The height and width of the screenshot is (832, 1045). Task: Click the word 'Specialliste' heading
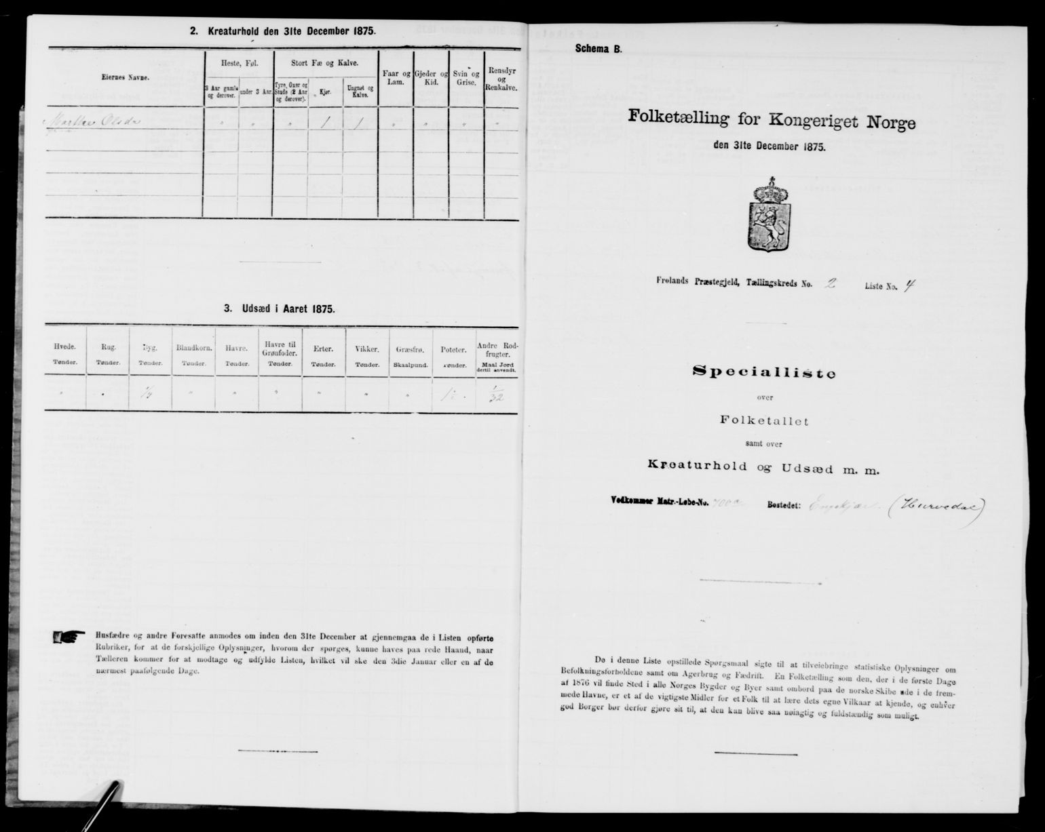[x=763, y=372]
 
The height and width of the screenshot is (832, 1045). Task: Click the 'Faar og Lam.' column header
[x=395, y=77]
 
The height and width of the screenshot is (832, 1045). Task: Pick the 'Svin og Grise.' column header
[x=467, y=77]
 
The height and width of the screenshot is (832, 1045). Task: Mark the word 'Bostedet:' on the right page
[x=804, y=505]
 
